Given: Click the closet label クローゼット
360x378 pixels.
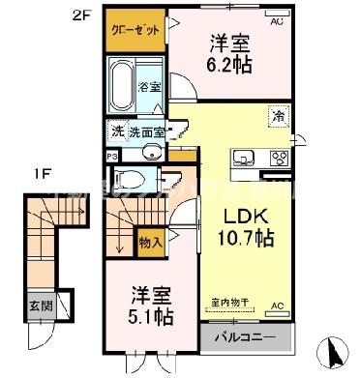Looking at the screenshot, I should tap(135, 31).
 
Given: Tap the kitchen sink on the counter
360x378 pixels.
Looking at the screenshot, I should tap(243, 159).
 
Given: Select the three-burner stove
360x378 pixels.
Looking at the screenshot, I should tap(278, 159).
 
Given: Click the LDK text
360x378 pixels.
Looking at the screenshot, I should tap(247, 214).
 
